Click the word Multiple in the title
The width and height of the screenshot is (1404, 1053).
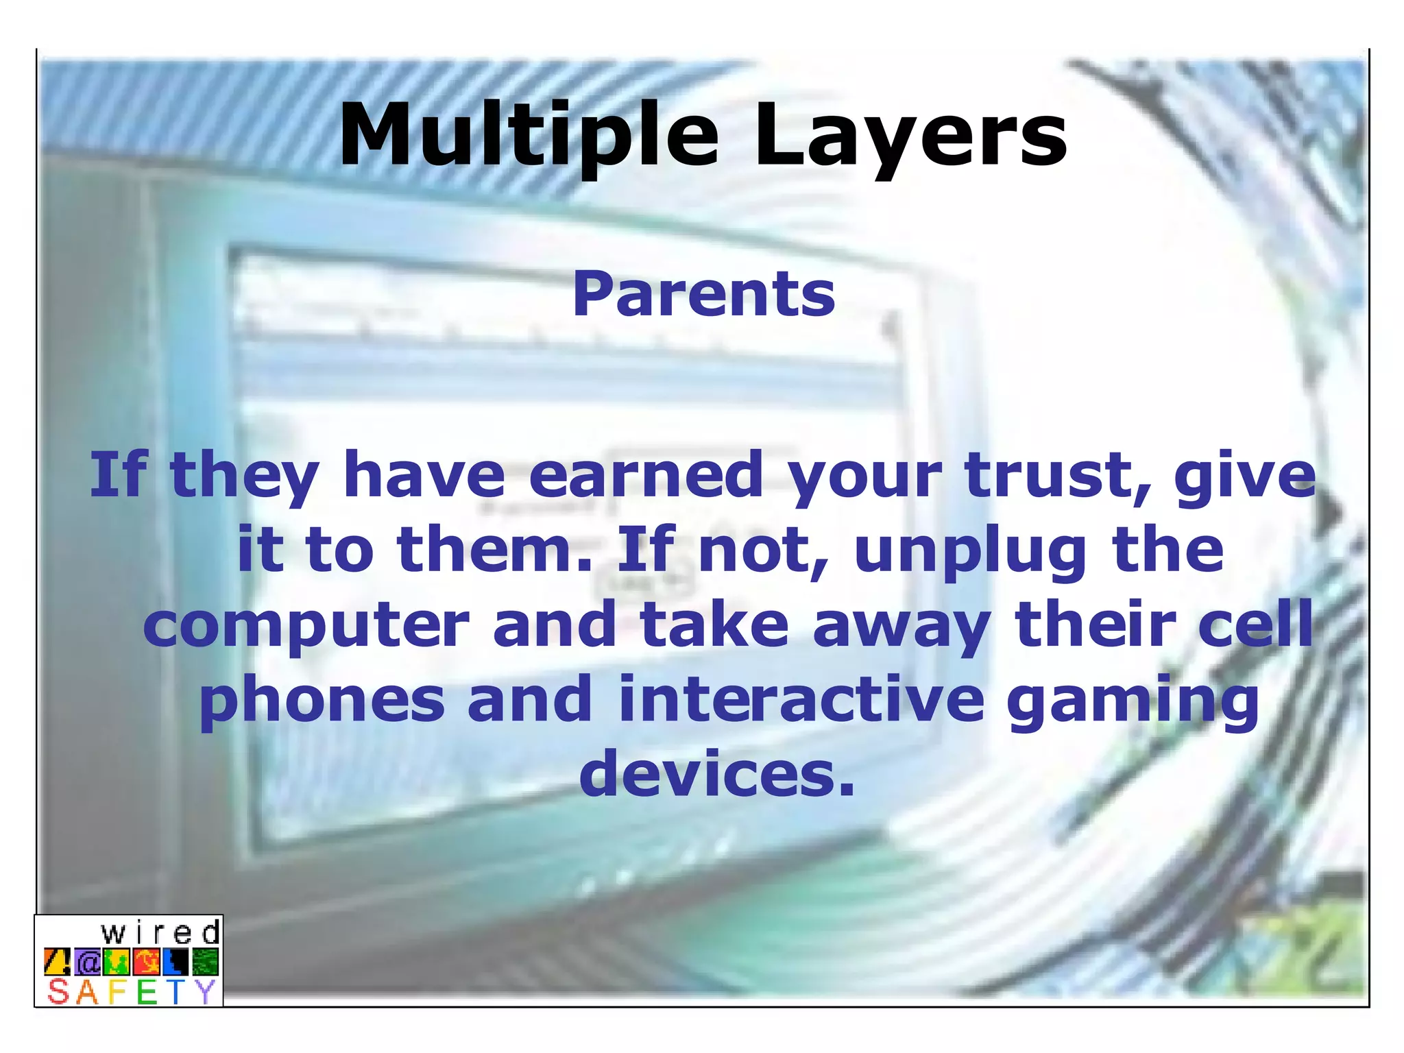528,135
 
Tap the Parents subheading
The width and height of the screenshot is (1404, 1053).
704,294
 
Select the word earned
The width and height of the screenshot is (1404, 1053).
646,474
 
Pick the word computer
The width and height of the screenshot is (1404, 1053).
306,626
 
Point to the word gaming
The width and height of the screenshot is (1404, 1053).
1133,702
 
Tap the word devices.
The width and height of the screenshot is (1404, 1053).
717,774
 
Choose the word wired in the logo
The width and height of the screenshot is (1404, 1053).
160,933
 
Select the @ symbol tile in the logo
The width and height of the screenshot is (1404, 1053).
88,963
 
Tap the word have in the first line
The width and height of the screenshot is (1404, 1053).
424,474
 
